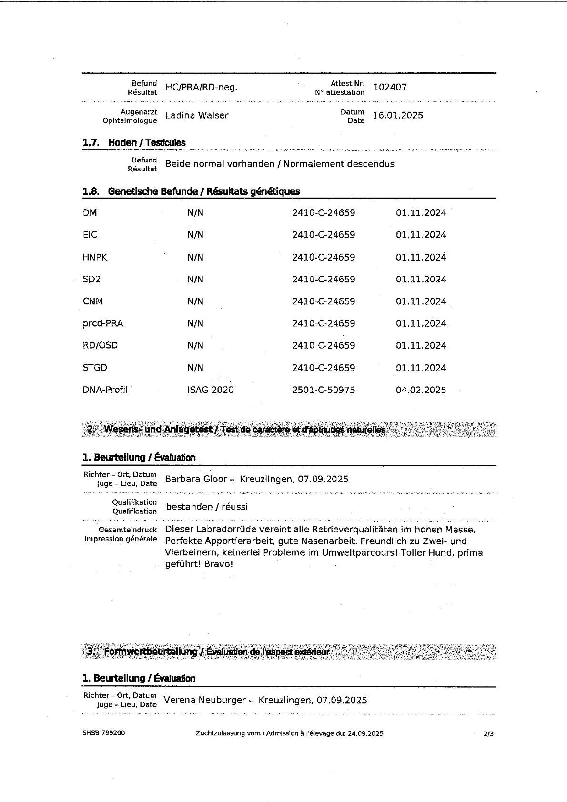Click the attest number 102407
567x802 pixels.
pos(390,87)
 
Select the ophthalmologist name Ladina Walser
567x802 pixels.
pos(196,115)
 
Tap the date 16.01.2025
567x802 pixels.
pos(398,115)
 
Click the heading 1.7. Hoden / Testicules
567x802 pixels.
pos(134,142)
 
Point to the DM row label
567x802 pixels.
pos(90,213)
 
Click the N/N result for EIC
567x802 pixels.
pos(195,235)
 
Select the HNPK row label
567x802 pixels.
pos(95,257)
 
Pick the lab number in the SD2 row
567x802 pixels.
pos(324,279)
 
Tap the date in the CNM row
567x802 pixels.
pos(421,301)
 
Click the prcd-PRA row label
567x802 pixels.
pos(103,323)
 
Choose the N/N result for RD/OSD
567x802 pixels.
pos(195,345)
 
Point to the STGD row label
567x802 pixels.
pos(95,368)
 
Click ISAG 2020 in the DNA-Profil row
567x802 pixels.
pos(210,390)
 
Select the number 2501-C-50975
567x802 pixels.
pos(324,390)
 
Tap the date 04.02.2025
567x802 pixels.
pos(421,390)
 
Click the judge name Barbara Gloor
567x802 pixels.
pos(196,479)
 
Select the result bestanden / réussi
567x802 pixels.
pos(207,507)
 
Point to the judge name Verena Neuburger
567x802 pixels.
pos(204,700)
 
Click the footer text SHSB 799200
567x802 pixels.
pos(104,733)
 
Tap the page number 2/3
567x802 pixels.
pos(488,734)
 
